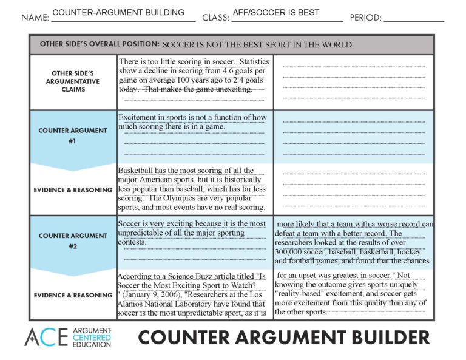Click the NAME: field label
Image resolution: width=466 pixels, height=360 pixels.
pos(35,18)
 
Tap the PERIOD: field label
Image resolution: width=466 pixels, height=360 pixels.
pos(365,18)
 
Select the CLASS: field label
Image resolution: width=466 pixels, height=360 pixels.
pos(215,18)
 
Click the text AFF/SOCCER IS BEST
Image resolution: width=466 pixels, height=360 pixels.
pos(275,12)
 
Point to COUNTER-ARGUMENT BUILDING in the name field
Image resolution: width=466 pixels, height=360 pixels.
pos(118,12)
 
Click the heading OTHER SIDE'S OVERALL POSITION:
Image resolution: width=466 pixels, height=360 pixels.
pos(100,44)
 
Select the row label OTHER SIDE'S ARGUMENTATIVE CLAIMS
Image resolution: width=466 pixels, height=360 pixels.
pos(73,81)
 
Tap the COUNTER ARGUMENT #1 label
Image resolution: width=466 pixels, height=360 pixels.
pos(73,135)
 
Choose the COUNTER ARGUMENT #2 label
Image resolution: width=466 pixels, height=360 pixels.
pos(73,241)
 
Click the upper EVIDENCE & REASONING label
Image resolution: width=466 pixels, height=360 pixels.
pos(73,189)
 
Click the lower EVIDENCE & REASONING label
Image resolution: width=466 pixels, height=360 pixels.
pos(73,295)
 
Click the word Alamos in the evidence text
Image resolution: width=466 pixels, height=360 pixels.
pos(132,304)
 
